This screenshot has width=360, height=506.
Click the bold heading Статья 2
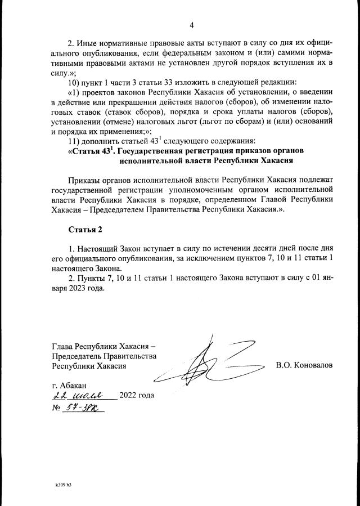(x=88, y=229)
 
